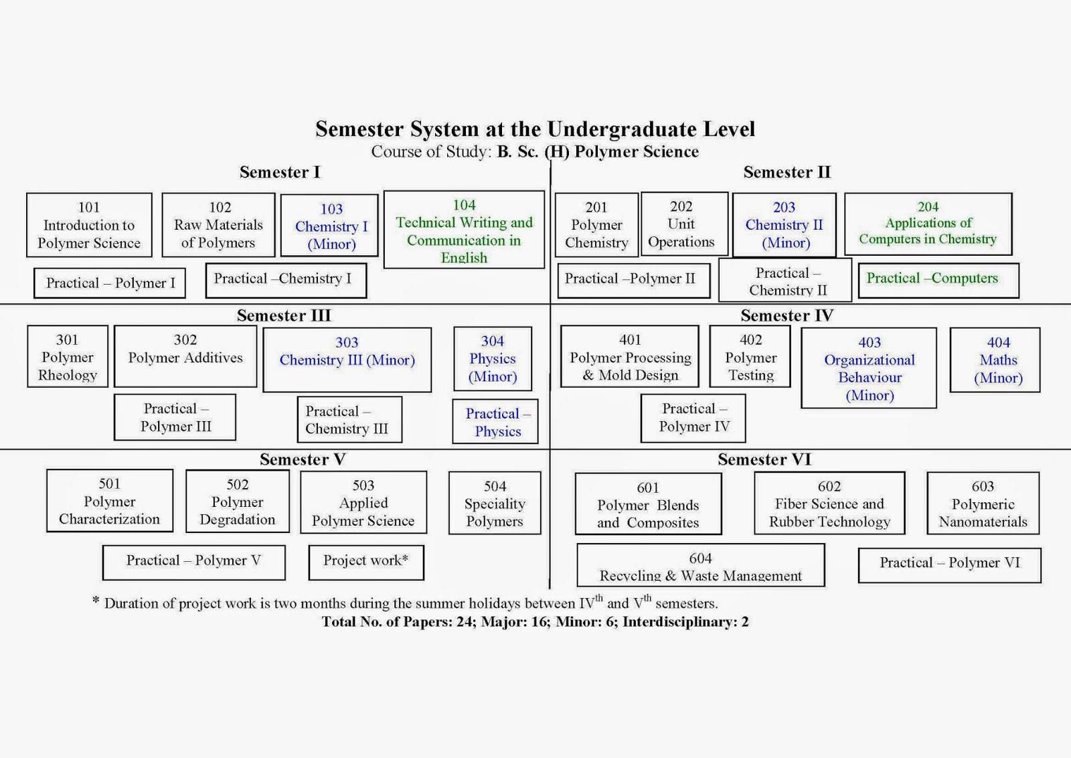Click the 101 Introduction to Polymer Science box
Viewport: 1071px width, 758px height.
point(89,225)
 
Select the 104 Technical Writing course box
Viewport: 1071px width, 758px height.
point(464,230)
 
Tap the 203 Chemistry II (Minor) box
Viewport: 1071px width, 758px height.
point(784,225)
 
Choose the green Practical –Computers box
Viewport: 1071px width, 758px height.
point(938,281)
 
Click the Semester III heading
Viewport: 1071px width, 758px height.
point(284,315)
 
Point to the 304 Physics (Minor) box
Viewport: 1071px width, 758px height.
point(493,359)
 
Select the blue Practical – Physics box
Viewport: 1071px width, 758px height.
point(495,421)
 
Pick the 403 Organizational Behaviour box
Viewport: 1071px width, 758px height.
point(869,368)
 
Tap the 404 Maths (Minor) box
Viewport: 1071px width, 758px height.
point(995,360)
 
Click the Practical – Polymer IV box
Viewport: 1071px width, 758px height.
point(693,418)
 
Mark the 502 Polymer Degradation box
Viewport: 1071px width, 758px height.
point(238,501)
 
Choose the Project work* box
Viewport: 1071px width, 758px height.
point(366,562)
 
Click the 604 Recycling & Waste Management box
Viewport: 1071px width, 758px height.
point(701,564)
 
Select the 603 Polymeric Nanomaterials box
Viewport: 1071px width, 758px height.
point(983,503)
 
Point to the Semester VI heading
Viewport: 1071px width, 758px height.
point(764,459)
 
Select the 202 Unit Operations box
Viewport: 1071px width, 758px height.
point(685,224)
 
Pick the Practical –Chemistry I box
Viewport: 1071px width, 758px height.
point(286,281)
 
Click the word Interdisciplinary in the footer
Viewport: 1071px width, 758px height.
point(679,621)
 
